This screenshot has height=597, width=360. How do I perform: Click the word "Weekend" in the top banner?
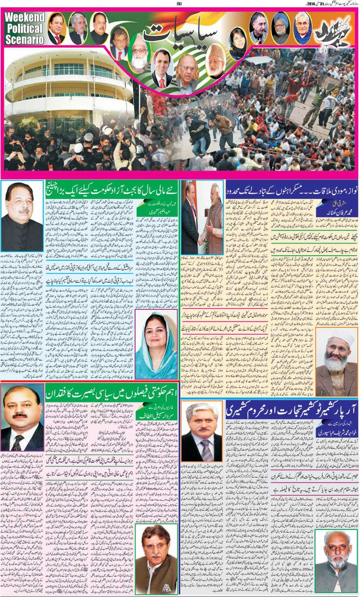[x=25, y=18]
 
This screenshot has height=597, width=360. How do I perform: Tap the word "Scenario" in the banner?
[x=25, y=39]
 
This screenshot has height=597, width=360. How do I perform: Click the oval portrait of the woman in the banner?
[x=238, y=43]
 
